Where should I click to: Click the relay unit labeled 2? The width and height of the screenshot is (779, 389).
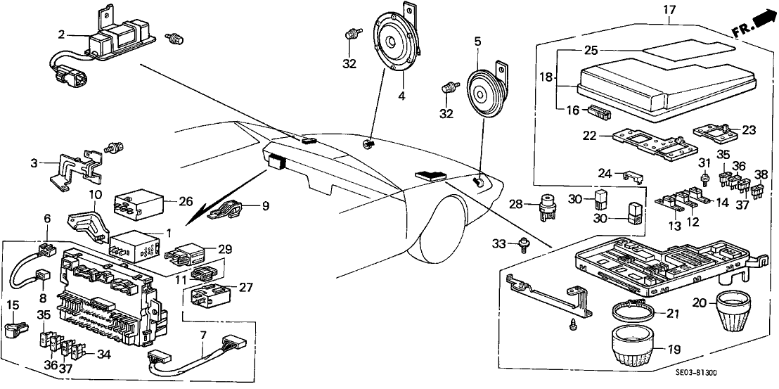pos(116,40)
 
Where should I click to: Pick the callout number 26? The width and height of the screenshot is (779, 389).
pos(186,201)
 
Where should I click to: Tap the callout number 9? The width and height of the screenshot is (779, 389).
pos(265,206)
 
